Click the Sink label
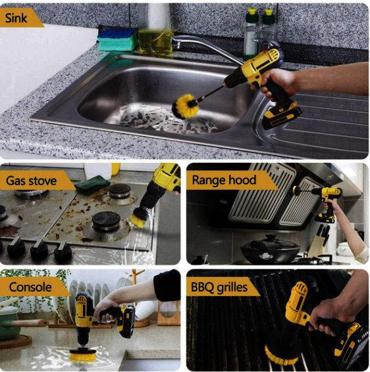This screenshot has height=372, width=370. tap(16, 18)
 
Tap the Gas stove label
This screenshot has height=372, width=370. tap(32, 181)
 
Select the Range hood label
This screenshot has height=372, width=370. tap(224, 180)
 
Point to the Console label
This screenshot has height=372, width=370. tap(30, 287)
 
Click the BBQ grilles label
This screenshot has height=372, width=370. tap(219, 287)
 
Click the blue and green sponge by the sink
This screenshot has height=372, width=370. tap(118, 39)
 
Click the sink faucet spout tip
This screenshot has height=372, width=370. tap(174, 44)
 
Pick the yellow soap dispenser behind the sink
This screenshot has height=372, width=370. tap(155, 41)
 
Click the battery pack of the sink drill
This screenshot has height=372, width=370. tap(282, 116)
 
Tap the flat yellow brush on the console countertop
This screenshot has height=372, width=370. tap(83, 354)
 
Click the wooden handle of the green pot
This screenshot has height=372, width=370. tap(30, 323)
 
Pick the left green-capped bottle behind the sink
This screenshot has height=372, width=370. tap(251, 34)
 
